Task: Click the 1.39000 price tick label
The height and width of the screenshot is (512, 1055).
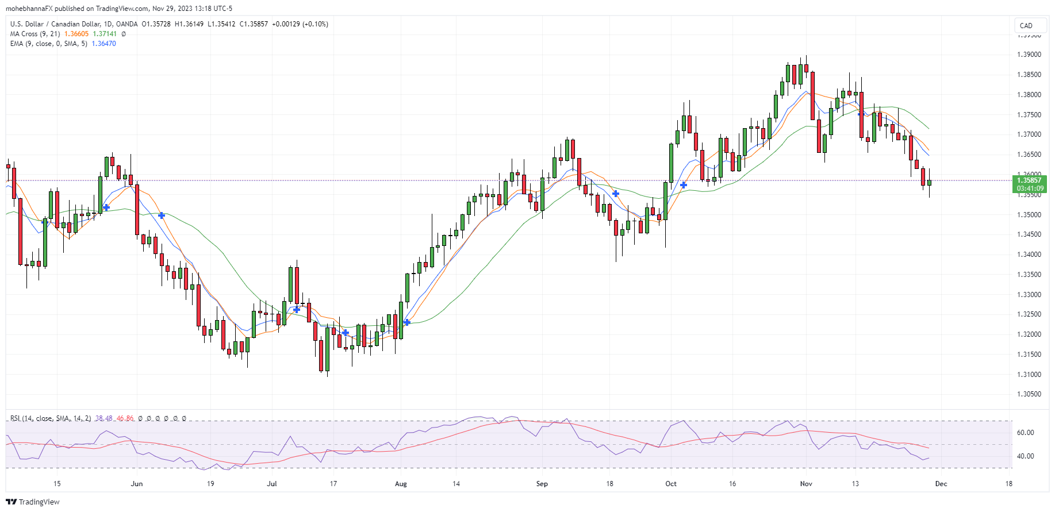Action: (1029, 55)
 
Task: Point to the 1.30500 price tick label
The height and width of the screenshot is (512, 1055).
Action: (1029, 394)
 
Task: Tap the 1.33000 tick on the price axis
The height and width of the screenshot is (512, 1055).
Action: (1029, 295)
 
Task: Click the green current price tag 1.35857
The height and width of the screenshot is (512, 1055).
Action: (1029, 180)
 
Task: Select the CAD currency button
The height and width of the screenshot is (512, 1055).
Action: (1026, 25)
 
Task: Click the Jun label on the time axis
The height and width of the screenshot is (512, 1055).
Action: (137, 484)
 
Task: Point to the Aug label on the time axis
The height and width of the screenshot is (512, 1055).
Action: (401, 484)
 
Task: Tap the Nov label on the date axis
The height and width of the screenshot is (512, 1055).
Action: (806, 484)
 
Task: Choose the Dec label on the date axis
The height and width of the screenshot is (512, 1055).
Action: (941, 484)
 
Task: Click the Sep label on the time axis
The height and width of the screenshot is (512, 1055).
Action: (542, 484)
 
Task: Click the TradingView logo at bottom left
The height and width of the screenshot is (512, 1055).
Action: (33, 502)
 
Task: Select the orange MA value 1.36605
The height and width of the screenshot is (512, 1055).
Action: (76, 34)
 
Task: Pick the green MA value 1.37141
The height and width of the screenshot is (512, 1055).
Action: (105, 34)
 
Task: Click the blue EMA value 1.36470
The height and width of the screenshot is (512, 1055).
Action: (103, 44)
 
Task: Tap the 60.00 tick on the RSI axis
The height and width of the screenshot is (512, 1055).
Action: (1026, 433)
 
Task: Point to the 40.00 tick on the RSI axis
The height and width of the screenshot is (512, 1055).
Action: (1026, 456)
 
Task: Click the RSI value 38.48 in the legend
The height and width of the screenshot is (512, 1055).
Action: (104, 418)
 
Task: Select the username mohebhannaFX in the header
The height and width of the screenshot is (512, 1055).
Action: (29, 9)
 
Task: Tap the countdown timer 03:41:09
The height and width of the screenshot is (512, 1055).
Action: (1029, 188)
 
